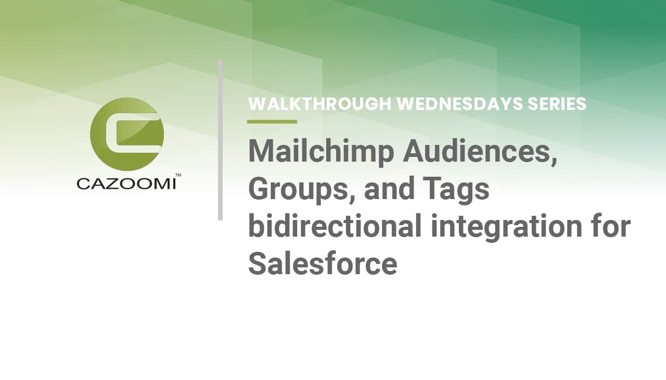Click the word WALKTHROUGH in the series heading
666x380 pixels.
point(320,104)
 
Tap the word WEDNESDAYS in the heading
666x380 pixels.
point(459,104)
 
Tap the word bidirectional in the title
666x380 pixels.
point(335,226)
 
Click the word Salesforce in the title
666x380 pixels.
point(323,263)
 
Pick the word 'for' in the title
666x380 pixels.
point(611,226)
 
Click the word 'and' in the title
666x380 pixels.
point(389,189)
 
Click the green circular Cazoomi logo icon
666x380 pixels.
point(127,134)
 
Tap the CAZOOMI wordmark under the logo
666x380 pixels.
point(126,184)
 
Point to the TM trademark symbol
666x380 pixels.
point(178,175)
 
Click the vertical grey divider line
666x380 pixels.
point(220,140)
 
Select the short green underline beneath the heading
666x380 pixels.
point(272,121)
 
